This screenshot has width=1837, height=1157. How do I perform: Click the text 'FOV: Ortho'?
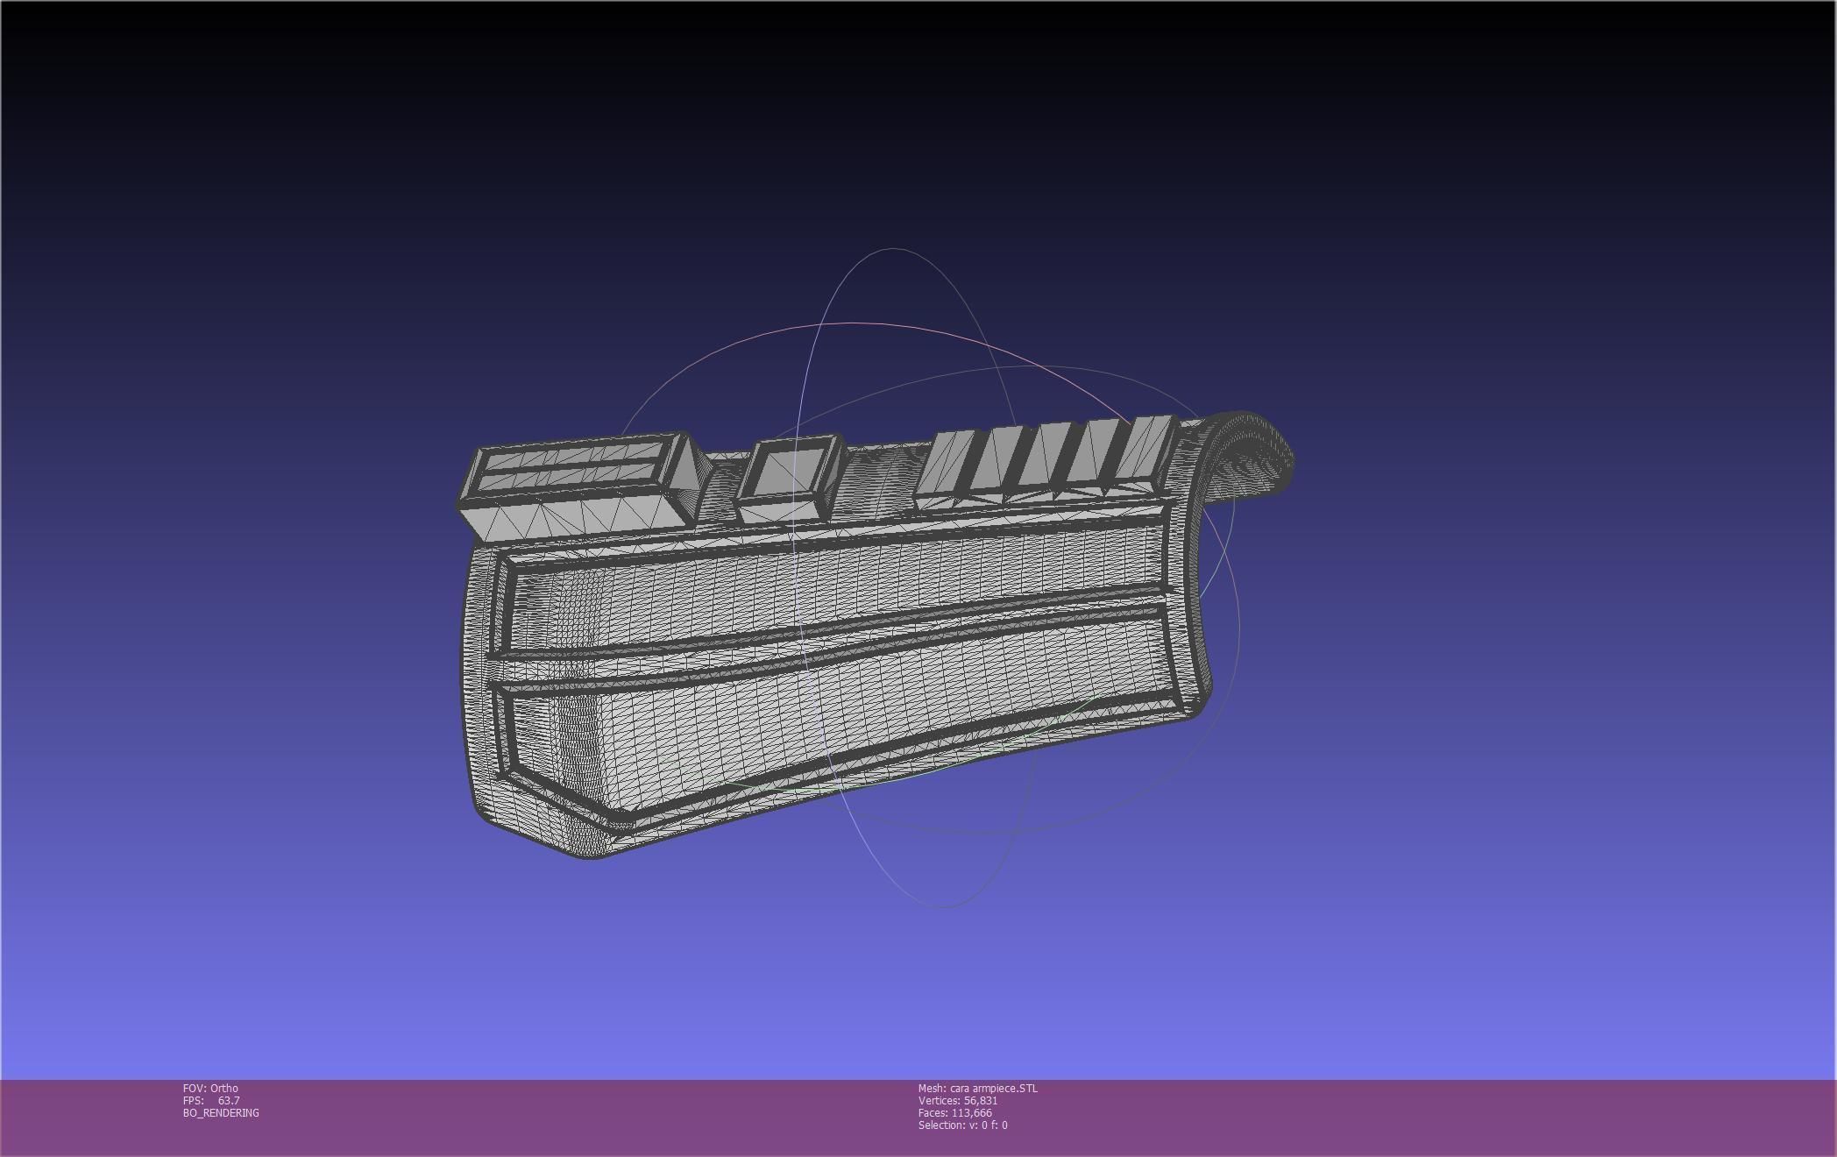(210, 1088)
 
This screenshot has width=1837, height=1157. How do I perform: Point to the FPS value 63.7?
(229, 1100)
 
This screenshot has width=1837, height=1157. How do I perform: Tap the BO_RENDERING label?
(221, 1112)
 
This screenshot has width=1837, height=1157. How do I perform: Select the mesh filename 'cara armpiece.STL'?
(993, 1088)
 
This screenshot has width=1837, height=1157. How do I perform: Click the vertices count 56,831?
(980, 1100)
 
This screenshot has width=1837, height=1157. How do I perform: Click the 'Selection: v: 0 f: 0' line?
(962, 1125)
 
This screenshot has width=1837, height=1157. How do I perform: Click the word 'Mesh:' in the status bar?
(932, 1088)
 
